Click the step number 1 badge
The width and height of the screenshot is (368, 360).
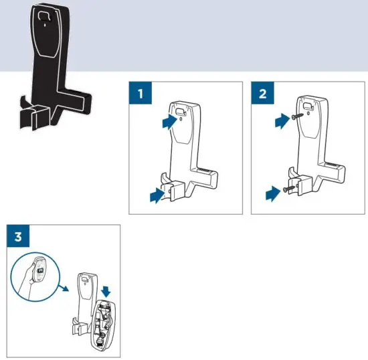tap(141, 94)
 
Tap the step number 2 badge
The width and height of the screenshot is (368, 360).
tap(262, 94)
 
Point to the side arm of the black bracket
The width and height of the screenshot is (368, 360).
tap(74, 100)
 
